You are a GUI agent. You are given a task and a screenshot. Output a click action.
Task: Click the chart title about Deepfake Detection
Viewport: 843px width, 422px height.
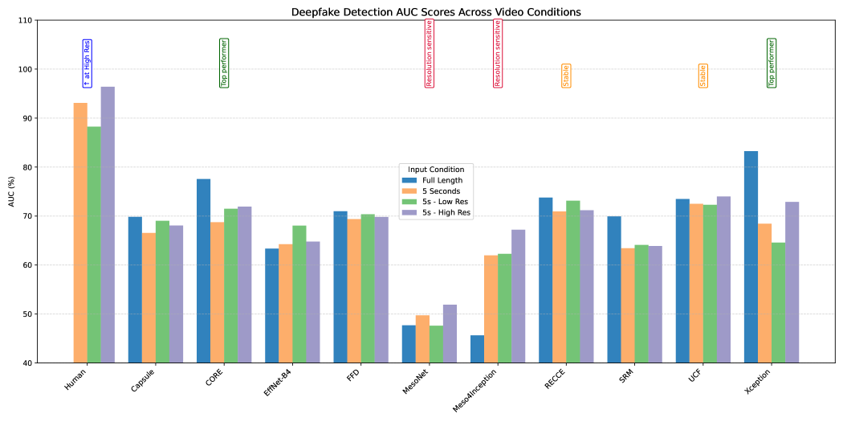(426, 12)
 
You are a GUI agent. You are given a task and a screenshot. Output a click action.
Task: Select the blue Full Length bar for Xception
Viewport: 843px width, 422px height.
(751, 257)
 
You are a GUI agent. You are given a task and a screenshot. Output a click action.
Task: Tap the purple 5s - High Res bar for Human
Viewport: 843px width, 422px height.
(108, 225)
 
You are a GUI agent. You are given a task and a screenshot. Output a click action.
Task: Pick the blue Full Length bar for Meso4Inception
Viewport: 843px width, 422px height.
(477, 349)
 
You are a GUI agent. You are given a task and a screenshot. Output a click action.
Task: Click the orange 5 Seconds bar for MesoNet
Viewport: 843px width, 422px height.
(422, 339)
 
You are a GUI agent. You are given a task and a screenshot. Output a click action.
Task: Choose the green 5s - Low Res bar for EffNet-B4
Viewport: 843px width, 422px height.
(299, 294)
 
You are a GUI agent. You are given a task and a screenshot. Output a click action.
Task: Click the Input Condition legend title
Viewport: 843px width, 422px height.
(436, 170)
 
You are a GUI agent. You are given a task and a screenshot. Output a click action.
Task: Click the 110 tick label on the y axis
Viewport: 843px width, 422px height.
(26, 20)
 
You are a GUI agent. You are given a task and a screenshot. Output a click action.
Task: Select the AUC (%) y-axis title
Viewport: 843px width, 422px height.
(10, 191)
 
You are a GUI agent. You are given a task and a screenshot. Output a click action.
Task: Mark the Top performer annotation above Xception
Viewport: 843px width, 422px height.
(772, 63)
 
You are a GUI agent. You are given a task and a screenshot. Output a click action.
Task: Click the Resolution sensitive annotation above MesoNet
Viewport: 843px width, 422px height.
(430, 52)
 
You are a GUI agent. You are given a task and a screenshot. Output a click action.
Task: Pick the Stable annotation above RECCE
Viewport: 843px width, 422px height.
(566, 76)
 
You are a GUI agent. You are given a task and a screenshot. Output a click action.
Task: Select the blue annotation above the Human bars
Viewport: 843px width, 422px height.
(87, 63)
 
